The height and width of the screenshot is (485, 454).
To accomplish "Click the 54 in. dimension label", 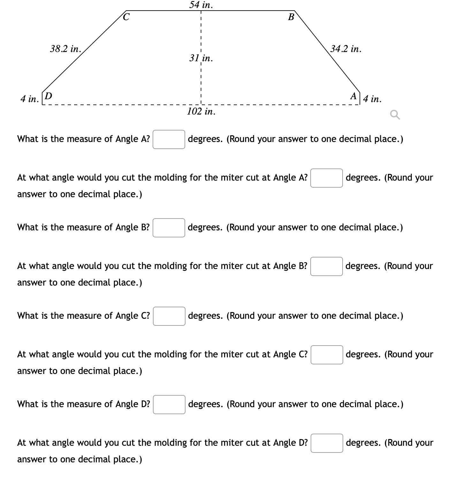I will (x=201, y=5).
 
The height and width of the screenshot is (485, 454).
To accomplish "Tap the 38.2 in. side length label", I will (x=65, y=49).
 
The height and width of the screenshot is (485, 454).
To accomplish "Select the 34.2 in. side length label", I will (x=346, y=49).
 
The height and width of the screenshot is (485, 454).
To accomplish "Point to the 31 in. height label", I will (x=201, y=58).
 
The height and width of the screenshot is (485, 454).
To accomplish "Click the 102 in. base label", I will (x=201, y=111).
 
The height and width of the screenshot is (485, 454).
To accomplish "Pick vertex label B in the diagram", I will (x=291, y=17).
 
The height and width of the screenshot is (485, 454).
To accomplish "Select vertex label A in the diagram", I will (x=353, y=96).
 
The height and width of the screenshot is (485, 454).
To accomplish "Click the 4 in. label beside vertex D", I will (x=29, y=99).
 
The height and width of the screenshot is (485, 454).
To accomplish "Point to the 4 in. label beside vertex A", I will (x=372, y=99).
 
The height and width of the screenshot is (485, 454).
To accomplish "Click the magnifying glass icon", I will (x=395, y=115).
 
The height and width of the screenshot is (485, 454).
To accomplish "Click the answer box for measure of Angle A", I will (x=169, y=139).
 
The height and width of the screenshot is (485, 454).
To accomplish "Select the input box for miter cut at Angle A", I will (x=326, y=178).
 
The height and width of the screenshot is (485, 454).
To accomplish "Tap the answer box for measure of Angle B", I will (x=169, y=228).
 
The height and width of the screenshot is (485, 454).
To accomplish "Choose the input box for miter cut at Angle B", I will (x=326, y=266).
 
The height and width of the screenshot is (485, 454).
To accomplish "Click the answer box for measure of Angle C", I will (x=169, y=316).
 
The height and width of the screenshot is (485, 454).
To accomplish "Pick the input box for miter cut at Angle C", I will (x=327, y=355).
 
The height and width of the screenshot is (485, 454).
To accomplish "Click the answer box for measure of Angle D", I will (x=169, y=405).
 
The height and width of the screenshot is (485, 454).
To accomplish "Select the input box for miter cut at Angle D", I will (x=327, y=443).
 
